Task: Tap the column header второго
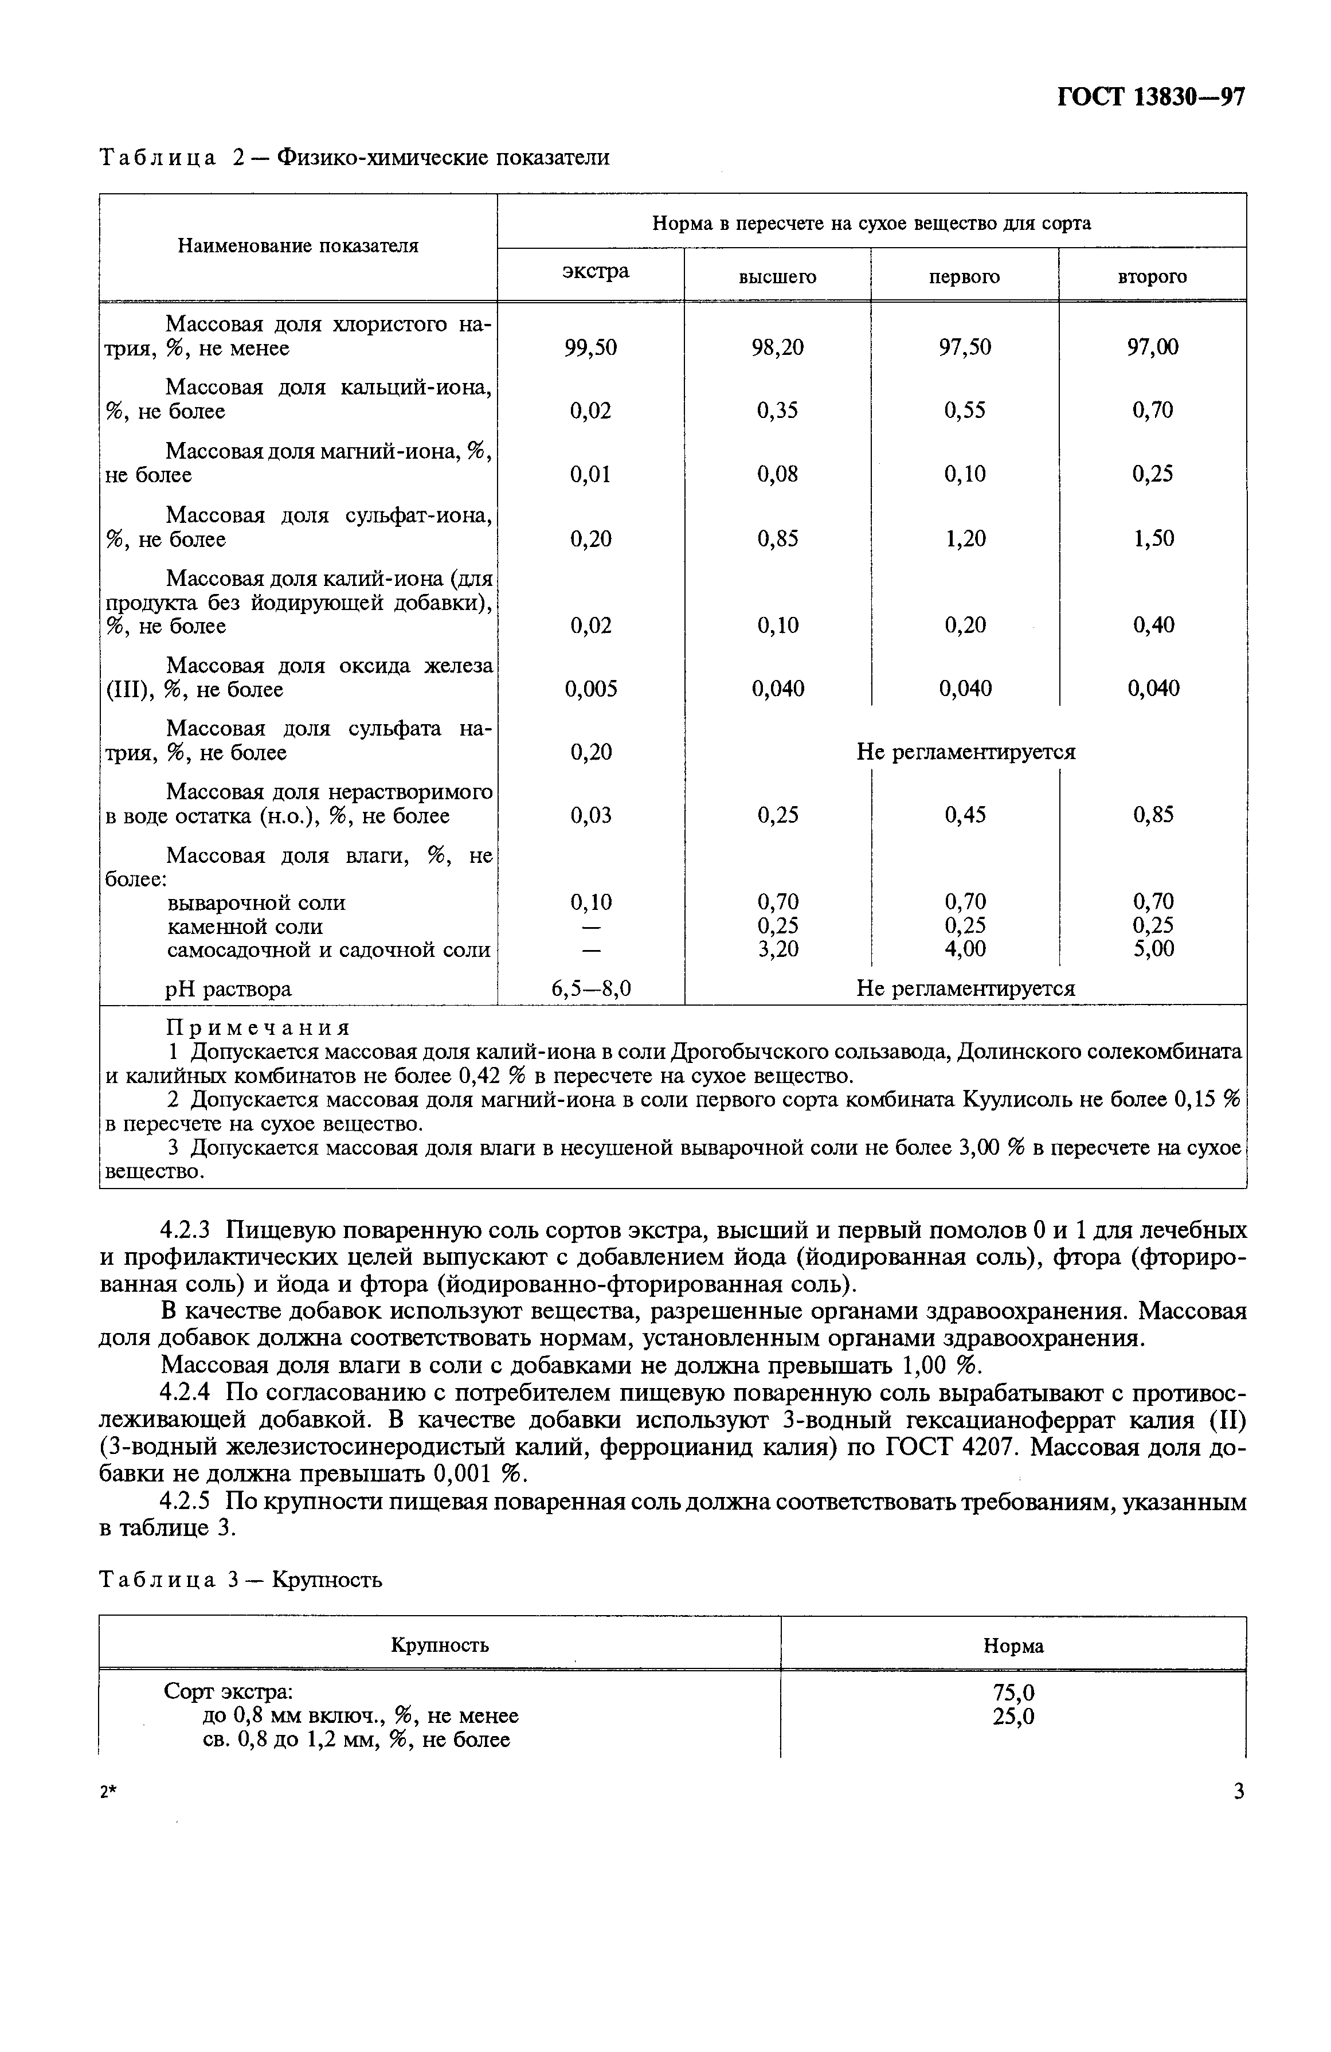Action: click(x=1152, y=277)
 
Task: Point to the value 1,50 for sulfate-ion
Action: click(x=1153, y=539)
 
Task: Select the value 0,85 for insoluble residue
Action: click(x=1153, y=815)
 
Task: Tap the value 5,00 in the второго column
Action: click(x=1153, y=949)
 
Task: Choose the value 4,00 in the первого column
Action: click(x=965, y=949)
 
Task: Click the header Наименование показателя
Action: click(x=298, y=246)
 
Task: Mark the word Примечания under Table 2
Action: click(x=258, y=1028)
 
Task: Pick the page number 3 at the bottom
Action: click(x=1239, y=1792)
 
